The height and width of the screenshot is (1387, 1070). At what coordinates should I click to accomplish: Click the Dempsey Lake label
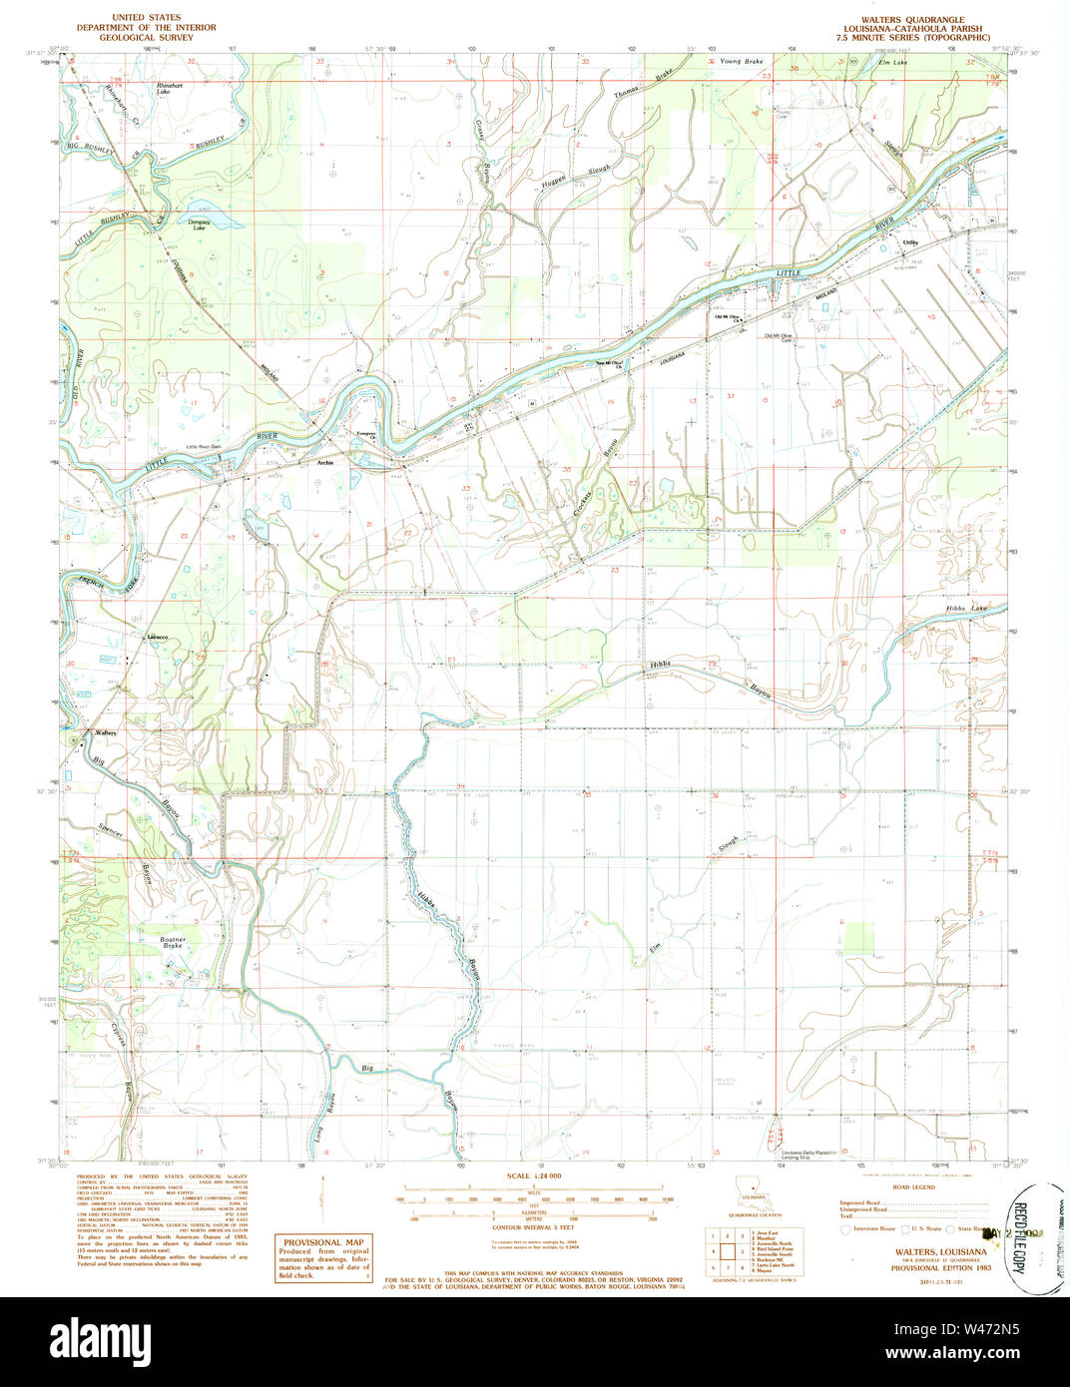(x=199, y=226)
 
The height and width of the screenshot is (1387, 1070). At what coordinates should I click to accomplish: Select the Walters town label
(x=106, y=732)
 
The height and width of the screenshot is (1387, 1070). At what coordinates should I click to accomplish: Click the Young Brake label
(x=741, y=62)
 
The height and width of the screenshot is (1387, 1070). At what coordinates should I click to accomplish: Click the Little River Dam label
(x=207, y=447)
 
